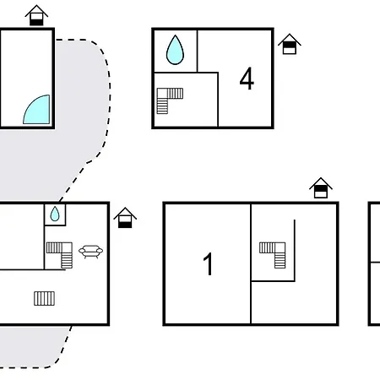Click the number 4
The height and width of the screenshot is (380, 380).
coord(247,79)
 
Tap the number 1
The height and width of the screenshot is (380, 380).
coord(209,263)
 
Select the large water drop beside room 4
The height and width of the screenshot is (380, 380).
coord(175,50)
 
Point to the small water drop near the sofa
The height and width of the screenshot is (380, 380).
coord(55,214)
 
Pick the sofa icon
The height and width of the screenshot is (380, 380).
coord(90,252)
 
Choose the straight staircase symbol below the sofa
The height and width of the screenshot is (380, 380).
coord(45,298)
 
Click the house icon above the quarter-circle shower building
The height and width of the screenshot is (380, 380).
coord(36,15)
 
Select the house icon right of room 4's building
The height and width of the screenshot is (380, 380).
coord(290,44)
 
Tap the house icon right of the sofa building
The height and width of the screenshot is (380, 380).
coord(125,218)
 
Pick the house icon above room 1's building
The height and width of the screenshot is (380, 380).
coord(321,187)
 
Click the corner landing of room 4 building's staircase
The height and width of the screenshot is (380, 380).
coord(162,94)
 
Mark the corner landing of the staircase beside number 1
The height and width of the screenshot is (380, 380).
coord(280,247)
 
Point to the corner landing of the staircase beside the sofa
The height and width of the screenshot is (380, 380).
coord(67,247)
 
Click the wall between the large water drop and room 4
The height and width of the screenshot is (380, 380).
coord(198,51)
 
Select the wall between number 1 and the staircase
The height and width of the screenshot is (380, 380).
coord(251,263)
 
